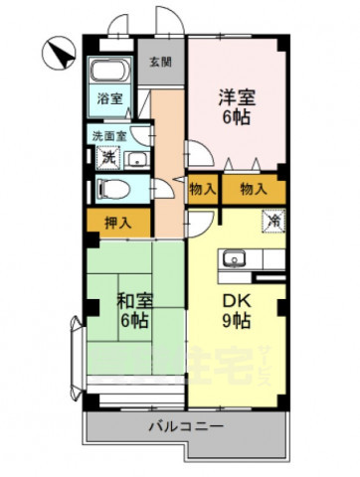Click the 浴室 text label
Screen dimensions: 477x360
pyautogui.click(x=109, y=99)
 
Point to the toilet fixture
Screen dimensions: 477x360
pyautogui.click(x=115, y=189)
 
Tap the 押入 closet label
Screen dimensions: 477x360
pyautogui.click(x=117, y=223)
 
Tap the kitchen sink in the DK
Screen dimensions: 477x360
pyautogui.click(x=236, y=260)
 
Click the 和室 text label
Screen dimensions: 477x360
pyautogui.click(x=135, y=300)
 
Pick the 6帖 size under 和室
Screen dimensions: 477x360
pyautogui.click(x=135, y=321)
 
